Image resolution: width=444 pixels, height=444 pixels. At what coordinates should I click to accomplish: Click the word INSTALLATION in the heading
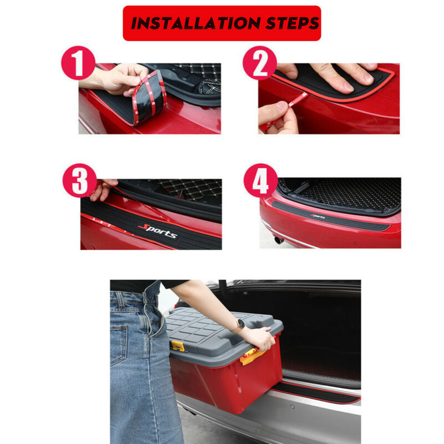point(196,23)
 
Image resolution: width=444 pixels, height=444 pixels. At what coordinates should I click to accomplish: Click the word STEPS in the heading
point(292,23)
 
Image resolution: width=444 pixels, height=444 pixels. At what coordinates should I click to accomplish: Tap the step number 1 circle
point(78,63)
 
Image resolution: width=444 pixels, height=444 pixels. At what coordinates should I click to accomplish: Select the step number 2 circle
point(260,63)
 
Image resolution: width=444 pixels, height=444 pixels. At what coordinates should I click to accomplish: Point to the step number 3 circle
point(79,180)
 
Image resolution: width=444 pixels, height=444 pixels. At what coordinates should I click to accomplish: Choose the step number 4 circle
point(260,180)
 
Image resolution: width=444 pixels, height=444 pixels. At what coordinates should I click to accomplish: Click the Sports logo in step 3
point(158,231)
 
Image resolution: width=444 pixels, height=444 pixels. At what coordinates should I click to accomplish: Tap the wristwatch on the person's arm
point(240,324)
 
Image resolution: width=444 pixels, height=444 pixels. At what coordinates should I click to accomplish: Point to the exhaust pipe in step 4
point(279,240)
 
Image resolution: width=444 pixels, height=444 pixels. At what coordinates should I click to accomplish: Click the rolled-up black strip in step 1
point(149,98)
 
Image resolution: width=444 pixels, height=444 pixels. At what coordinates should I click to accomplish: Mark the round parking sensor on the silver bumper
point(292,407)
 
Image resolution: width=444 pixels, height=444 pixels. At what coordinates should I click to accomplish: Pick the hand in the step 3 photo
point(103,189)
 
